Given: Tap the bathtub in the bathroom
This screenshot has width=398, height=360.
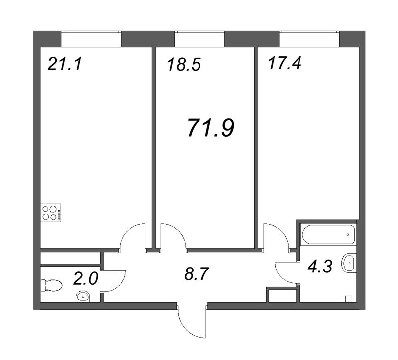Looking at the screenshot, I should click(x=329, y=233).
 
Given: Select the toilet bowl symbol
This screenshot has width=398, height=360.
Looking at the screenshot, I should click(x=51, y=285).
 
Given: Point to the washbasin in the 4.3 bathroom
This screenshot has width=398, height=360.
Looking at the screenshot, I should click(x=349, y=263).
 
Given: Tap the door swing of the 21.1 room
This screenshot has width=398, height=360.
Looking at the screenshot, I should click(x=133, y=238).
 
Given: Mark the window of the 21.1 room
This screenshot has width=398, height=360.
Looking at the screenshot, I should click(x=92, y=39).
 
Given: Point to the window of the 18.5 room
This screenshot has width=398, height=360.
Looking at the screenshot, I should click(x=199, y=39).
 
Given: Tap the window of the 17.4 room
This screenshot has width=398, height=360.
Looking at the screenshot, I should click(x=309, y=39).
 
